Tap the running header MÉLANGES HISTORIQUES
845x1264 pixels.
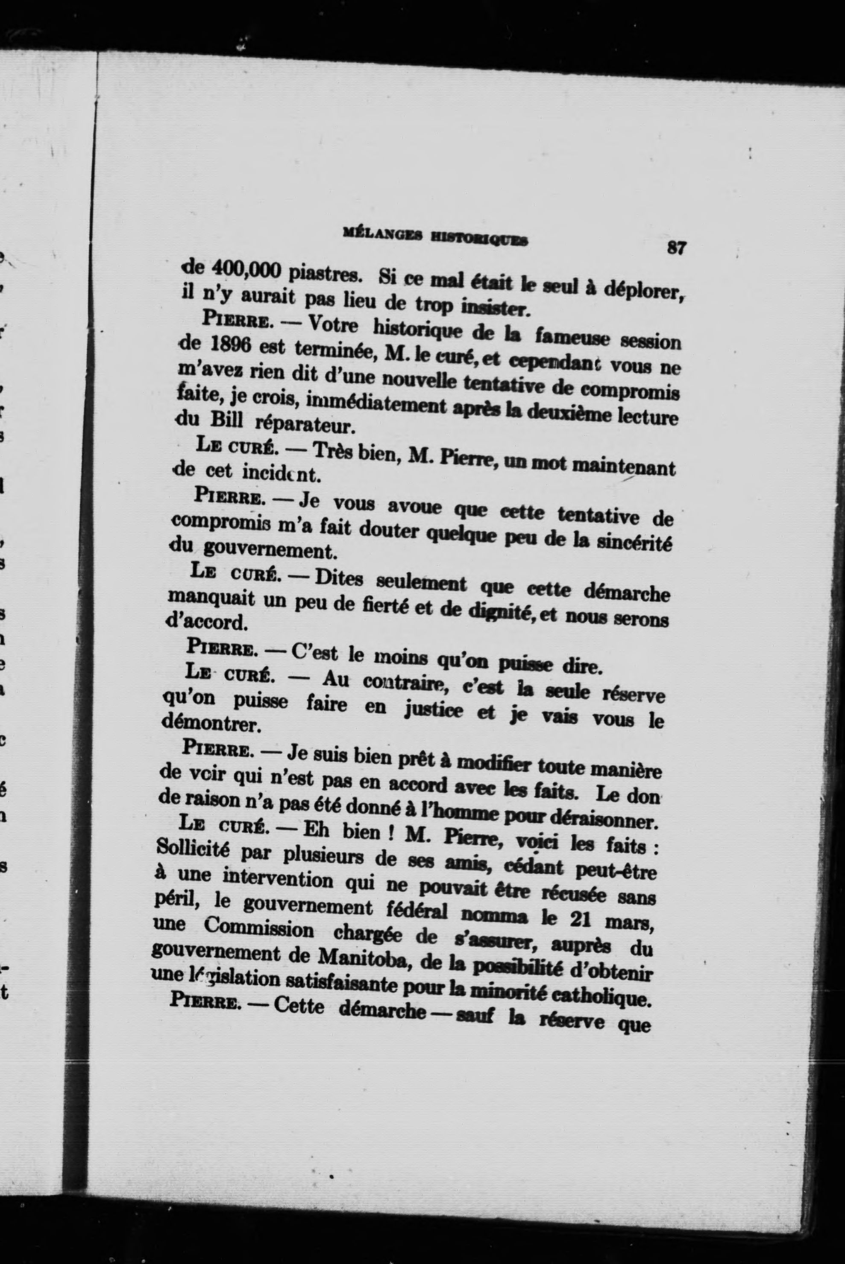tap(435, 237)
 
